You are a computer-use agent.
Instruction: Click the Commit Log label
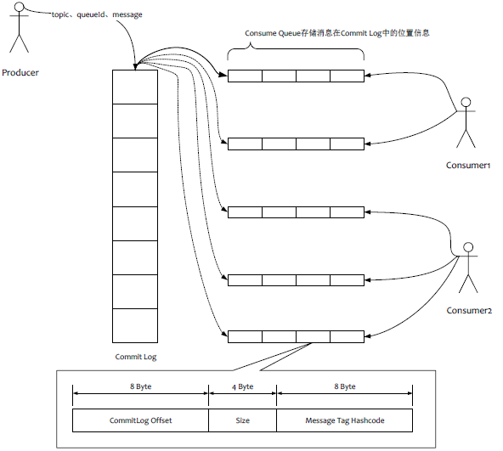[x=136, y=357]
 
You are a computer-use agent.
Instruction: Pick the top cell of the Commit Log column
[x=135, y=87]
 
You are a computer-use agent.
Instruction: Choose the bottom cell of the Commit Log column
[x=135, y=325]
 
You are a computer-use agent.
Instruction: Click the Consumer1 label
[x=469, y=165]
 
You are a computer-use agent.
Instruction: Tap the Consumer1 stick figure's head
[x=465, y=104]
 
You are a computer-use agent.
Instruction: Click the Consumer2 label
[x=469, y=311]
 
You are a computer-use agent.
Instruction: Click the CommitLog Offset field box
[x=140, y=420]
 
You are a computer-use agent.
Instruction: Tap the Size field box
[x=242, y=420]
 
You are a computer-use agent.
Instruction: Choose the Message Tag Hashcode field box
[x=344, y=420]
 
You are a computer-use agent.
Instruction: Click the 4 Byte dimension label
[x=242, y=386]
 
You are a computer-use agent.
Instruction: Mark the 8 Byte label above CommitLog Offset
[x=142, y=386]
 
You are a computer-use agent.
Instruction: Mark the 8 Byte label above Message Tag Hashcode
[x=343, y=386]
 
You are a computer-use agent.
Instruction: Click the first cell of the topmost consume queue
[x=245, y=76]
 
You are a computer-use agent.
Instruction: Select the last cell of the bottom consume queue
[x=347, y=336]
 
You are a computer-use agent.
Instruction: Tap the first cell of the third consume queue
[x=245, y=211]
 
